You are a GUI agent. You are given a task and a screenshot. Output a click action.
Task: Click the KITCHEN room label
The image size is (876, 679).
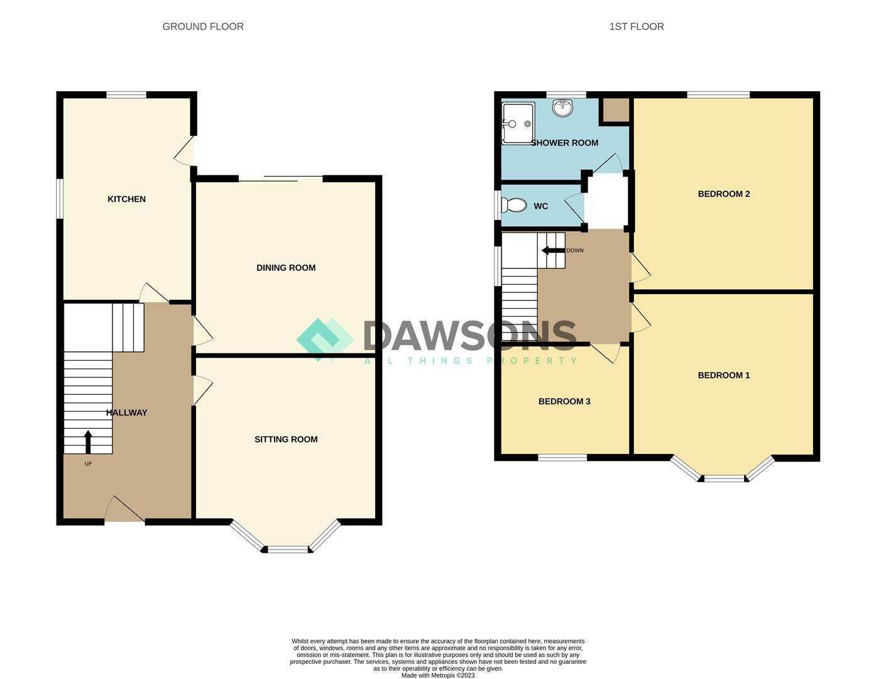(x=126, y=199)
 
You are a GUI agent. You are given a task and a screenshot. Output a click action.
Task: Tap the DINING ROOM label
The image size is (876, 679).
(x=286, y=268)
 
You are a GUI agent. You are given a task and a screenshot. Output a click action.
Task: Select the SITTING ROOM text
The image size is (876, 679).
(x=286, y=439)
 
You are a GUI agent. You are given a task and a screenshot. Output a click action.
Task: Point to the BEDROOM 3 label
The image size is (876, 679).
(x=564, y=402)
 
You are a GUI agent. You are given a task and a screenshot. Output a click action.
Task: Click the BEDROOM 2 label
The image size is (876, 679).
(x=724, y=194)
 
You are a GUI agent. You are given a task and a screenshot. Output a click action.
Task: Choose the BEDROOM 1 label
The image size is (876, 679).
(x=724, y=375)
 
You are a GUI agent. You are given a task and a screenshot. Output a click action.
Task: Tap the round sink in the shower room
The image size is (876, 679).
(x=562, y=108)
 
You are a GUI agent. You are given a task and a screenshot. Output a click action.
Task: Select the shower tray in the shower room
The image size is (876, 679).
(x=518, y=123)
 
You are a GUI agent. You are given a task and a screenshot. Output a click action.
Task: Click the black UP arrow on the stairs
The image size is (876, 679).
(x=88, y=442)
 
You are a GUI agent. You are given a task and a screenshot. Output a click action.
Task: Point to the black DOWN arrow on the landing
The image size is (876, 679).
(x=552, y=251)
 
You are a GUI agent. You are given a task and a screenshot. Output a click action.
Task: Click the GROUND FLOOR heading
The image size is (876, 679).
(x=203, y=26)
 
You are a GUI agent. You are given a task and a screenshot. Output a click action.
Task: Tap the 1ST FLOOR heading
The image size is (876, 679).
(x=637, y=26)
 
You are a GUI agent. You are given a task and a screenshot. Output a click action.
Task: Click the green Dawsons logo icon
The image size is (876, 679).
(x=325, y=339)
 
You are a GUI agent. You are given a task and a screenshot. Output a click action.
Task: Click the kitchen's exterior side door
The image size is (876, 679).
(x=185, y=151)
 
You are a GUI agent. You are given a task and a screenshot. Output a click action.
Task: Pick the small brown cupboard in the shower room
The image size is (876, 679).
(x=616, y=110)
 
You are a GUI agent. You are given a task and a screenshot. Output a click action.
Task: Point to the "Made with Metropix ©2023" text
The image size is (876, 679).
(x=438, y=675)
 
